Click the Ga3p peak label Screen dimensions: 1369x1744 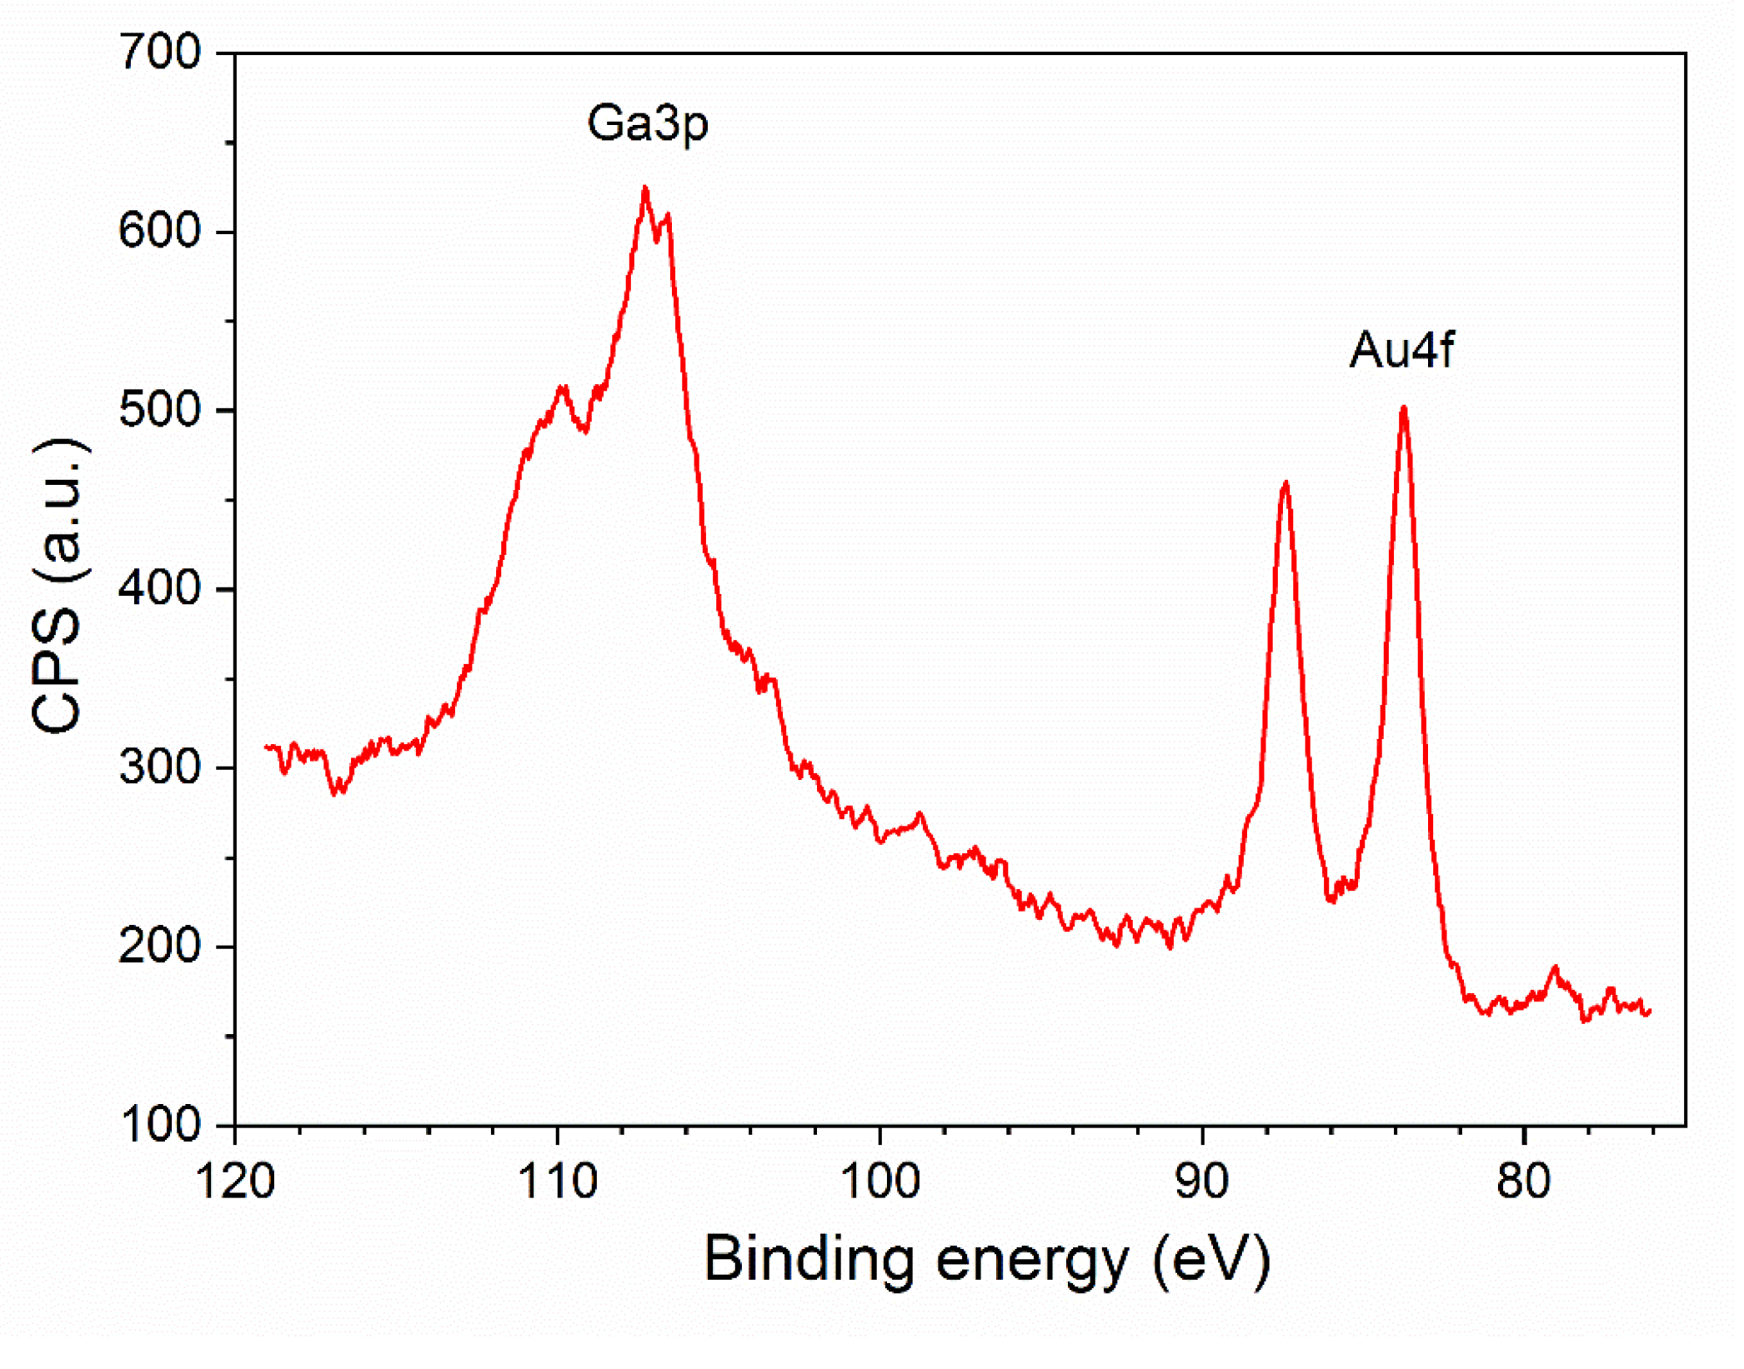(x=648, y=123)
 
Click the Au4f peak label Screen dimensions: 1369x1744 (x=1402, y=349)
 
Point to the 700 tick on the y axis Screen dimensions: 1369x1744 (x=160, y=52)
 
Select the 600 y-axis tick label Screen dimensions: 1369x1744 (x=160, y=231)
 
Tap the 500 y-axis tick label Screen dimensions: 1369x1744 (x=160, y=410)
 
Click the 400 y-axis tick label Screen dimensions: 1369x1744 (x=160, y=589)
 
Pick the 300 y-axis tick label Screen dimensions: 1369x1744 (x=160, y=767)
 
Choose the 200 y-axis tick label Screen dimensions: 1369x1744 (x=160, y=947)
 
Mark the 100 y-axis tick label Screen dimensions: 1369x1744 (x=160, y=1126)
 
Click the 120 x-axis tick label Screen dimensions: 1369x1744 (x=235, y=1182)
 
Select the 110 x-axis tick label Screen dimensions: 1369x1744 (x=558, y=1182)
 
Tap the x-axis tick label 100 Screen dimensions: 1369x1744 (x=880, y=1182)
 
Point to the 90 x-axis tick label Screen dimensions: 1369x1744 (x=1202, y=1182)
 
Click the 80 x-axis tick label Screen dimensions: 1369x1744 (x=1524, y=1182)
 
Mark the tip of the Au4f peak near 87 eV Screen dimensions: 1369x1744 (x=1285, y=482)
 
